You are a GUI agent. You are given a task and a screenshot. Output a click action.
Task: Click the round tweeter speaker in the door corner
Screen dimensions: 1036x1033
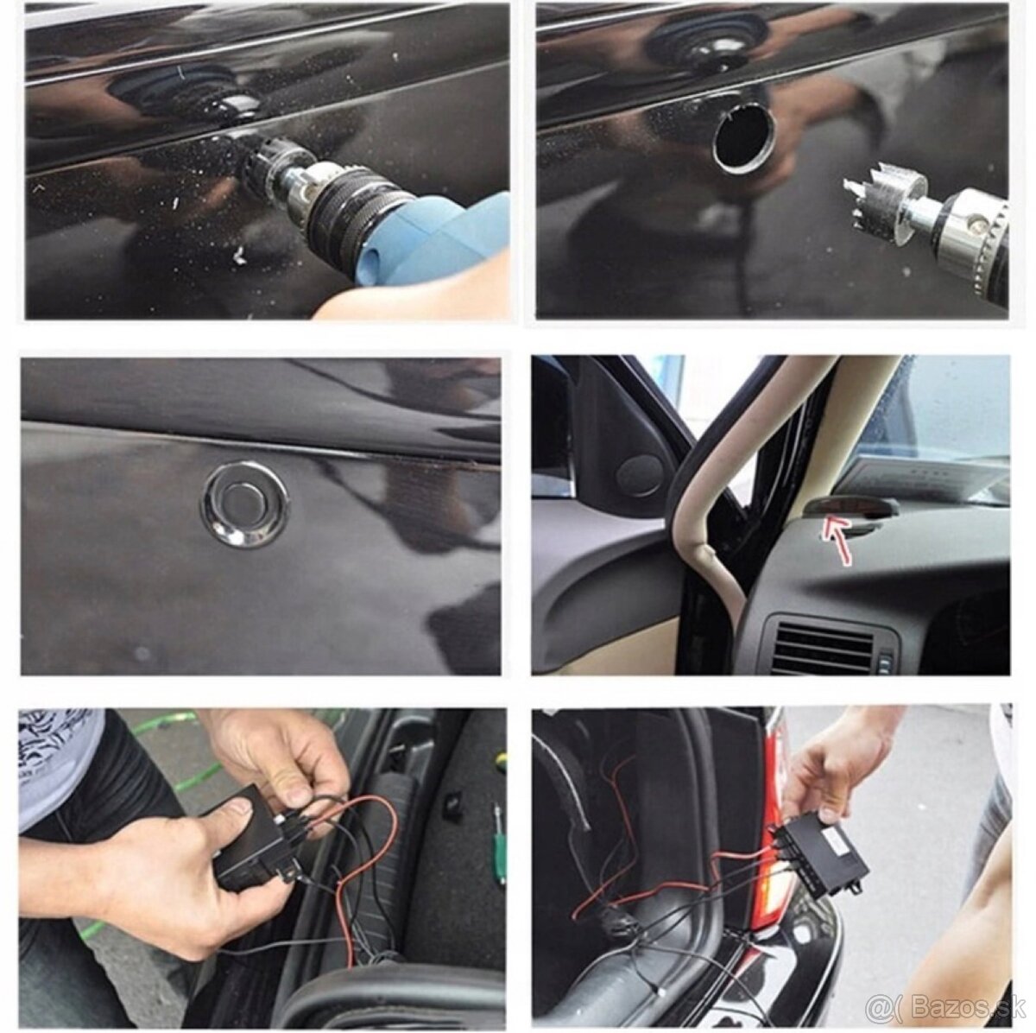coord(640,474)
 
